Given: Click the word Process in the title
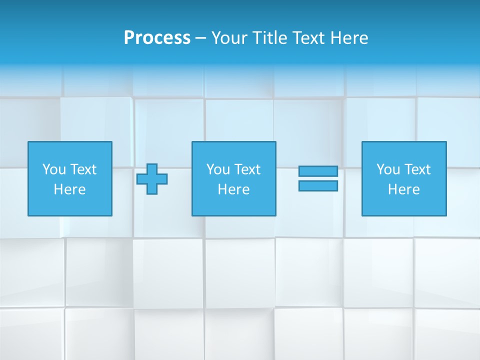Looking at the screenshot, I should point(157,38).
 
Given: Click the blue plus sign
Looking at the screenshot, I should point(152,179).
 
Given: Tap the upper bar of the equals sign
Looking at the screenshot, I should point(318,171).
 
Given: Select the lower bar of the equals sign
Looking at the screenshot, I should point(318,185).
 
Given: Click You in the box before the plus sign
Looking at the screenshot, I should point(54,169).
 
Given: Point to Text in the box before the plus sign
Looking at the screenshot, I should point(83,169).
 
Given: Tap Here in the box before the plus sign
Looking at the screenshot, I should point(69,189).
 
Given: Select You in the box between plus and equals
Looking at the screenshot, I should point(218,169).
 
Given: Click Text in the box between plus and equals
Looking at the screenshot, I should point(247,169).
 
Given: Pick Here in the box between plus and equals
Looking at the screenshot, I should point(233,189).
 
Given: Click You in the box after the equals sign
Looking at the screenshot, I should point(388,169).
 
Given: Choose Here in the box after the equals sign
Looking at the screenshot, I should point(403,189).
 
